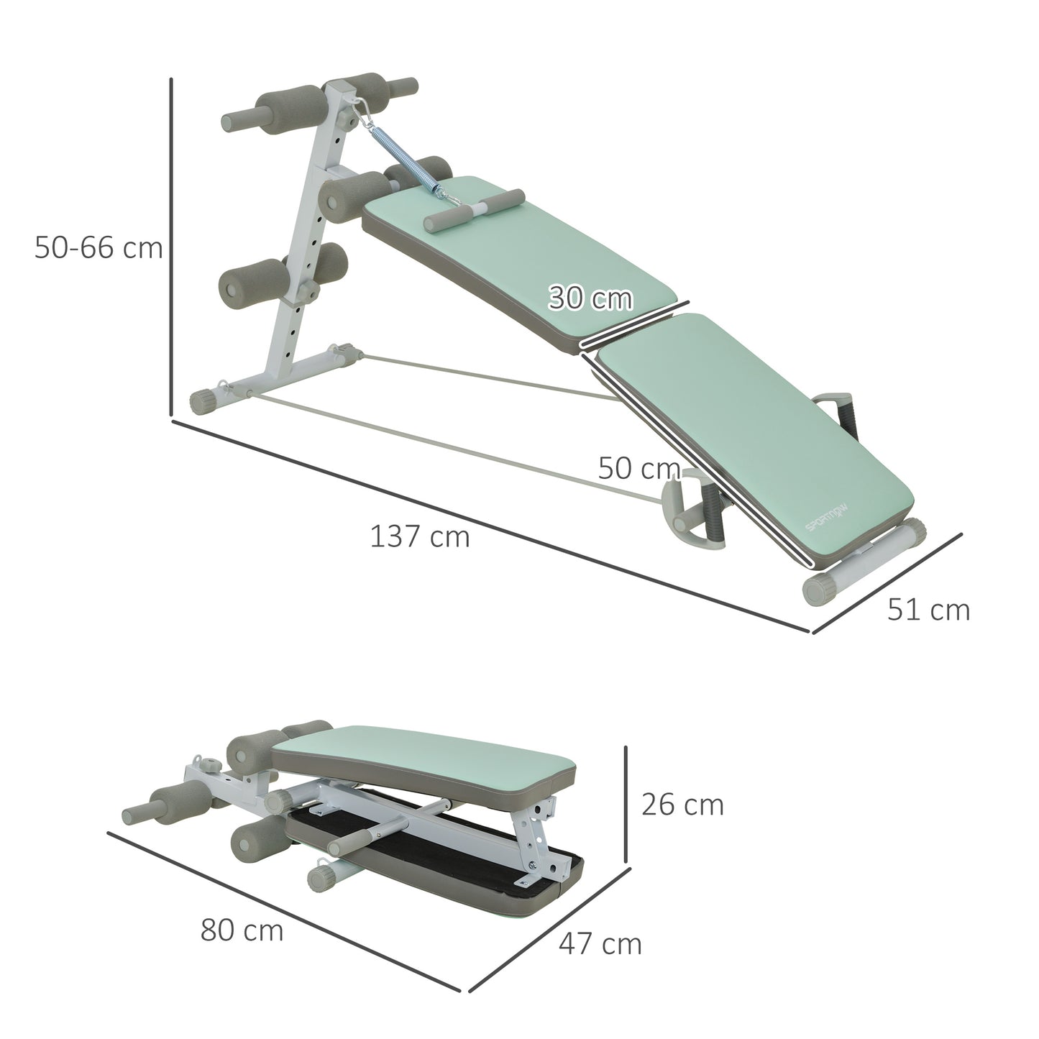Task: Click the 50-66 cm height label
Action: (99, 249)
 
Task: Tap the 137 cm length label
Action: (419, 536)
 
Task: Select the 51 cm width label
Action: (928, 610)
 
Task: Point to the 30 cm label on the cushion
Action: (590, 298)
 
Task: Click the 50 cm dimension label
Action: (638, 469)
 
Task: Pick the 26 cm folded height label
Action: (682, 805)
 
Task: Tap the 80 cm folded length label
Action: (242, 930)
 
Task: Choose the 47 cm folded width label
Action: (600, 943)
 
